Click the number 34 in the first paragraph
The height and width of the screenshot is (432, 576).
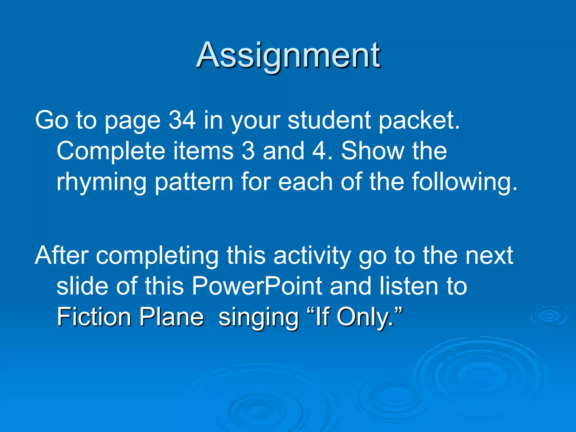tap(182, 120)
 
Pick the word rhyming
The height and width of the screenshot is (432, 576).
tap(102, 182)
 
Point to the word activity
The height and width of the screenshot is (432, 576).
tap(312, 256)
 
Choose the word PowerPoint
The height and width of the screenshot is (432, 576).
tap(257, 286)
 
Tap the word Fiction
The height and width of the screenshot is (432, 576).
tap(94, 317)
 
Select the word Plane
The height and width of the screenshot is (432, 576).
tap(172, 317)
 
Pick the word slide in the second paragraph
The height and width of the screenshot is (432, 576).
tap(82, 286)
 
